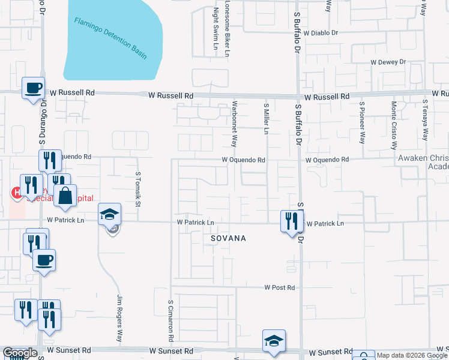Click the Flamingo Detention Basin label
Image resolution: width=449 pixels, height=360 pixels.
click(110, 37)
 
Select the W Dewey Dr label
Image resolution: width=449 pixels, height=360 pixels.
click(388, 62)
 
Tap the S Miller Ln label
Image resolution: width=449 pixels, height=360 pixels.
click(266, 118)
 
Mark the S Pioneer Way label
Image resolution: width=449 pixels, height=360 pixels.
click(362, 122)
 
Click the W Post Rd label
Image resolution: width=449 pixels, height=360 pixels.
click(280, 287)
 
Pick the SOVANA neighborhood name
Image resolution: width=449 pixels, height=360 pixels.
click(228, 238)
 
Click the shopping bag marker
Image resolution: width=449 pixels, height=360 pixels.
click(65, 195)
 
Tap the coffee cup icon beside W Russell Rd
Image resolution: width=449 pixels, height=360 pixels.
click(33, 88)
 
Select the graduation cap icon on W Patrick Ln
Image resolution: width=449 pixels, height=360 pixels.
click(110, 214)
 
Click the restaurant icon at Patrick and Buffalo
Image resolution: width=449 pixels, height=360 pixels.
click(292, 220)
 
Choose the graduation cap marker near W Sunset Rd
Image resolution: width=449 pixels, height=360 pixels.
click(274, 341)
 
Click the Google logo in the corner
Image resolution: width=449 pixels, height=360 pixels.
click(20, 353)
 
